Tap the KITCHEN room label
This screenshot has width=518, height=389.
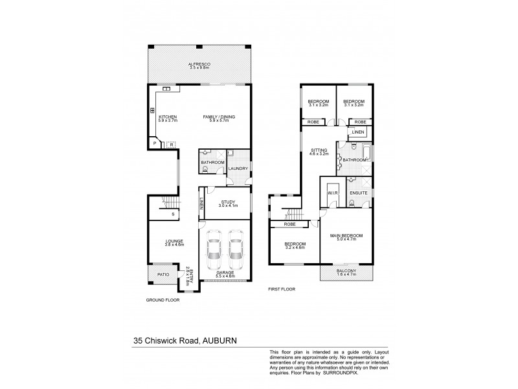click(x=168, y=116)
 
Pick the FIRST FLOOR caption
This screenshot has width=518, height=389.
click(x=282, y=289)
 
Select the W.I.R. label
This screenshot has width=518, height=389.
click(x=333, y=193)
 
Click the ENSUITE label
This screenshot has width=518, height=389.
click(x=358, y=193)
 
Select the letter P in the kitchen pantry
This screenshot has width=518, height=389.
click(x=155, y=143)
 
